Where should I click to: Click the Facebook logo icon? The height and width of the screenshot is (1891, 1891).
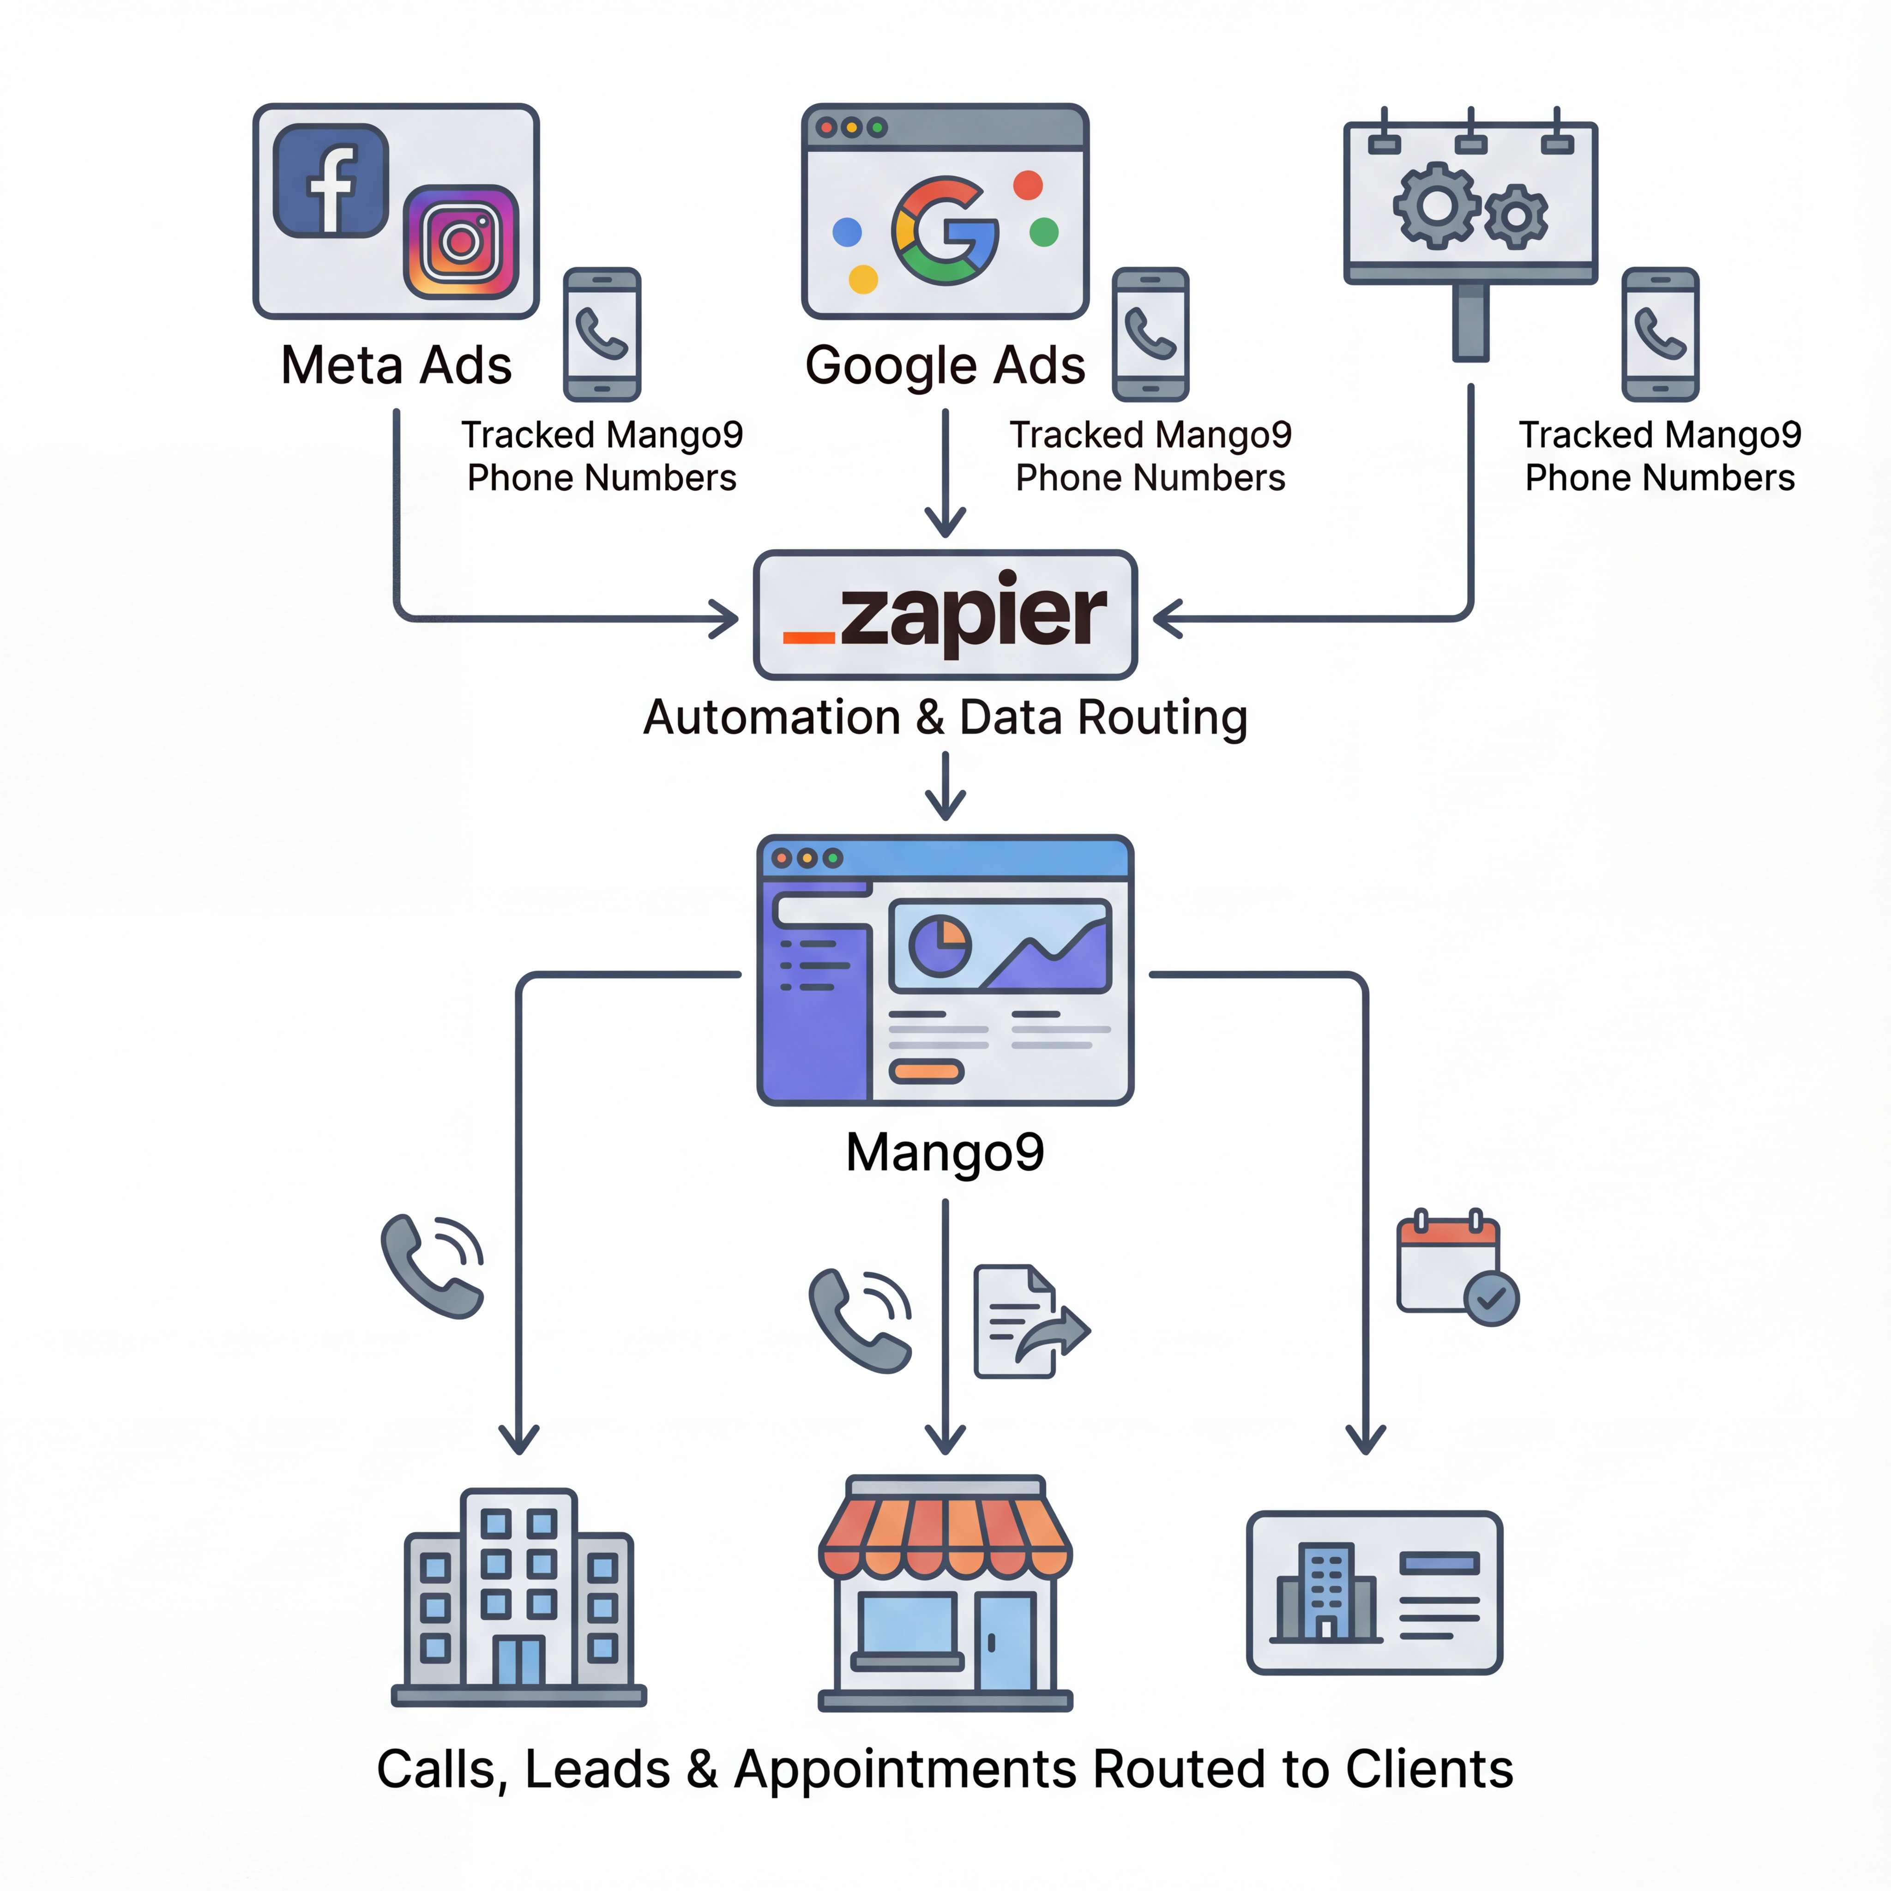tap(331, 181)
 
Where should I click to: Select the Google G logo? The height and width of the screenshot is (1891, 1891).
tap(945, 231)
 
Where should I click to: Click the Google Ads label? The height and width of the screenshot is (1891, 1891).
tap(945, 365)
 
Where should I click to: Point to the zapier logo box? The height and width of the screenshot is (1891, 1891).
tap(945, 614)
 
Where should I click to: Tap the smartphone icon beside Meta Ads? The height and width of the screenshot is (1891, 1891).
tap(602, 335)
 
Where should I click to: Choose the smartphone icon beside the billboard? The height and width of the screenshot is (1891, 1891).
tap(1660, 335)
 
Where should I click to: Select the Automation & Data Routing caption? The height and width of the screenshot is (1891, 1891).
tap(945, 717)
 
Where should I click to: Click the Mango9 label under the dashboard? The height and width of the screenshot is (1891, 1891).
tap(945, 1152)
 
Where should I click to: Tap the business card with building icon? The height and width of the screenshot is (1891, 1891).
tap(1374, 1592)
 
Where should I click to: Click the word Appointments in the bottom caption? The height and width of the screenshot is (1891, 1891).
tap(905, 1770)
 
